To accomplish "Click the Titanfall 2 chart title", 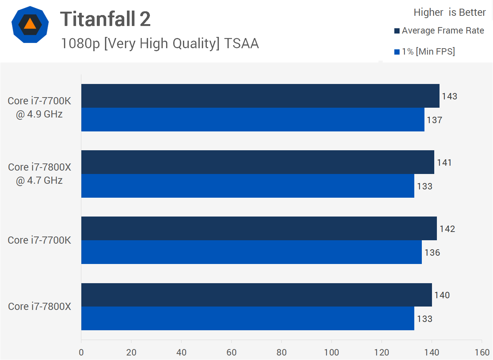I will coord(105,19).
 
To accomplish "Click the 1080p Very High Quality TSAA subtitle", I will coord(160,43).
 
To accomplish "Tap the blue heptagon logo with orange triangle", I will coord(30,24).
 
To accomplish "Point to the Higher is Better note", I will coord(449,12).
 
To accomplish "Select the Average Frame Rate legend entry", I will coord(439,31).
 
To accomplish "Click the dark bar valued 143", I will coord(260,96).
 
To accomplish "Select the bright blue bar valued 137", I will coord(252,120).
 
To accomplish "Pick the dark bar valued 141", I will coord(258,162).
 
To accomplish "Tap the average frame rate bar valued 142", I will coord(259,229).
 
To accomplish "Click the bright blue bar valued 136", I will coord(251,252).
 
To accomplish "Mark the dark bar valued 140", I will coord(256,295).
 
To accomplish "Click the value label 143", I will coord(449,96).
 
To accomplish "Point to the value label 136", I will coord(432,253).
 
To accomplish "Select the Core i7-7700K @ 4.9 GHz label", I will coord(39,107).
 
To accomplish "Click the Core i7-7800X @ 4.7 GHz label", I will coord(39,174).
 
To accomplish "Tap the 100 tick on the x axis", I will coord(331,352).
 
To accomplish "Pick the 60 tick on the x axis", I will coord(231,352).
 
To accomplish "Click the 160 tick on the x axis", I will coord(482,352).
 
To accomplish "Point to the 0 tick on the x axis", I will coord(81,352).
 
